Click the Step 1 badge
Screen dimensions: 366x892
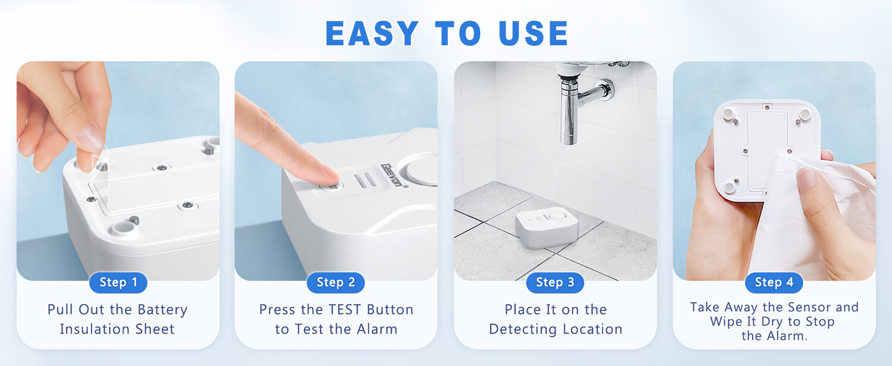[118, 282]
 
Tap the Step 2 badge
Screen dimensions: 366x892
[336, 282]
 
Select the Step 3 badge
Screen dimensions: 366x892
[554, 282]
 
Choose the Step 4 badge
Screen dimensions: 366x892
[774, 282]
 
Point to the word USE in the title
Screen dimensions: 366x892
[533, 34]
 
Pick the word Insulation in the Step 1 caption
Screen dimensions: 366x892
[91, 329]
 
